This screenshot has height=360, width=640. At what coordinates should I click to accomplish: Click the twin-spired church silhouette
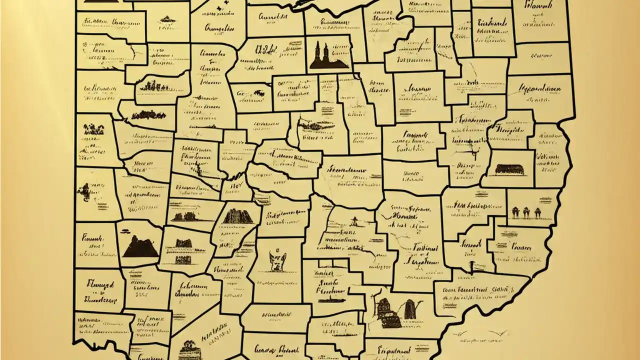point(327,56)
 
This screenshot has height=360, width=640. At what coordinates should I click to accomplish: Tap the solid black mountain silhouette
point(139,246)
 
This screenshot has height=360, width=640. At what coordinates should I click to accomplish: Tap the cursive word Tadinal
point(425,248)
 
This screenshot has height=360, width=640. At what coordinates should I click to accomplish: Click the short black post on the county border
point(470,264)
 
